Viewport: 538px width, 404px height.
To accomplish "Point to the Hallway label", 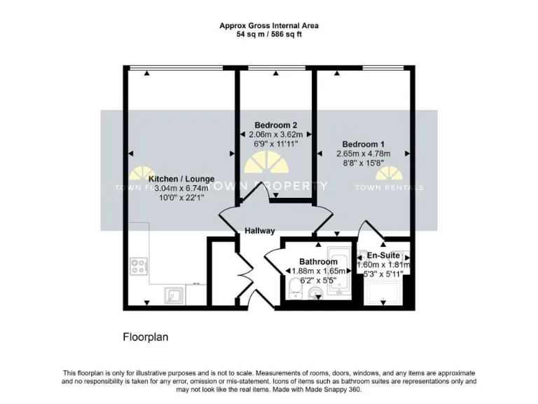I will click(x=259, y=231).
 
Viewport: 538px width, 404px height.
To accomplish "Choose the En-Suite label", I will click(x=383, y=255).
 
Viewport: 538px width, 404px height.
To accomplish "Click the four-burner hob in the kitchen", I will click(x=138, y=266).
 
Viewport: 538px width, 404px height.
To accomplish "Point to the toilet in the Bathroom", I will click(x=295, y=286).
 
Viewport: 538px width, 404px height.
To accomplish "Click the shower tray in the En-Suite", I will click(x=383, y=291).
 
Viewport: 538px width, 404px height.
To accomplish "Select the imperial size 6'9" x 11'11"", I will click(x=270, y=143).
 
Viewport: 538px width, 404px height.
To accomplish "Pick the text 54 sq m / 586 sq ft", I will click(x=269, y=33).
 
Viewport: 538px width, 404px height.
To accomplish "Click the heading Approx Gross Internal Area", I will click(x=269, y=25).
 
